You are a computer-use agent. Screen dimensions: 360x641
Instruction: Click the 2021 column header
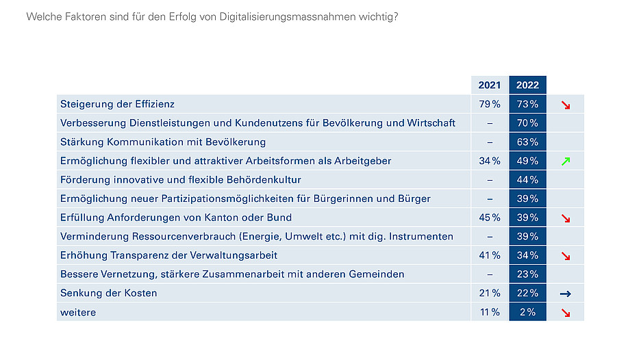[489, 86]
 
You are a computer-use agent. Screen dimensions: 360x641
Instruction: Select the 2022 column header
[527, 86]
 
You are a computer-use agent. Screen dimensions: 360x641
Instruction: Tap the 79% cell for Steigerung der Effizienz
[489, 105]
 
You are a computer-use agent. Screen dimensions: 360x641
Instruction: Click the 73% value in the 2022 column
[527, 105]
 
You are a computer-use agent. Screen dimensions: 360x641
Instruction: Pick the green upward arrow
[566, 162]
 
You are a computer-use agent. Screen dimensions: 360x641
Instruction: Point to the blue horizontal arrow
[566, 294]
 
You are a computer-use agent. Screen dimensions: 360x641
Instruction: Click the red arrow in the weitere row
[566, 313]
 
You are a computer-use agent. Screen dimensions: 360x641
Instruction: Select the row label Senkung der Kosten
[109, 293]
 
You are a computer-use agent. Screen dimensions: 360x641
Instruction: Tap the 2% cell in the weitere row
[527, 312]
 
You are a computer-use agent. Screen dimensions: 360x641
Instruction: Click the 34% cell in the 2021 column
[489, 161]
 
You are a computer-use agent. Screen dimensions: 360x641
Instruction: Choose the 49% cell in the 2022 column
[527, 161]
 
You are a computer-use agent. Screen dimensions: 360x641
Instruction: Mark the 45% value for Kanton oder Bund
[489, 218]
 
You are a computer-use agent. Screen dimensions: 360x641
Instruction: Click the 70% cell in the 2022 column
[527, 123]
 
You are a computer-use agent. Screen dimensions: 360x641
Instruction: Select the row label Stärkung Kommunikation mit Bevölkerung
[163, 142]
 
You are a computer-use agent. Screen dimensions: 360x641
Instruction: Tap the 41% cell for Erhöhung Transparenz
[489, 255]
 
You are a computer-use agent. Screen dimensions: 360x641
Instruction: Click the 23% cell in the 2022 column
[527, 274]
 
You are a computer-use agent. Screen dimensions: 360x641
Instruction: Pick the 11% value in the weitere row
[489, 312]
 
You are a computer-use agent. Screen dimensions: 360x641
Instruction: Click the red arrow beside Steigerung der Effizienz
[566, 105]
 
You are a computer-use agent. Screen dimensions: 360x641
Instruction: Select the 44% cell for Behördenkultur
[527, 180]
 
